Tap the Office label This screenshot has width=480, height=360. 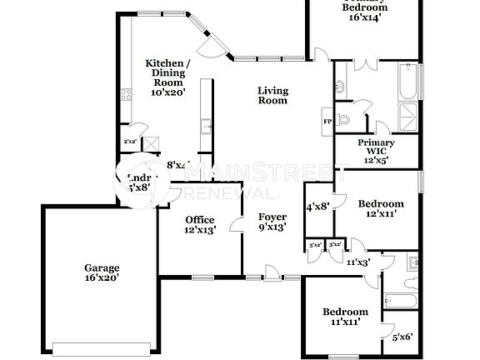tap(199, 220)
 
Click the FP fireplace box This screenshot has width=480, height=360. tap(327, 122)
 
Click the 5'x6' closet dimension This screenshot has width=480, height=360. tap(402, 337)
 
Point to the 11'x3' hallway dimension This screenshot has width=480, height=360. tap(359, 262)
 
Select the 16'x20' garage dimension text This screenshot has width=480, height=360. tap(102, 277)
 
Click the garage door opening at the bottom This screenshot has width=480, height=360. tap(103, 346)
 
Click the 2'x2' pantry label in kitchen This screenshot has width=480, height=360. tap(130, 141)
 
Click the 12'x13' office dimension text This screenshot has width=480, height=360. tap(199, 230)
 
